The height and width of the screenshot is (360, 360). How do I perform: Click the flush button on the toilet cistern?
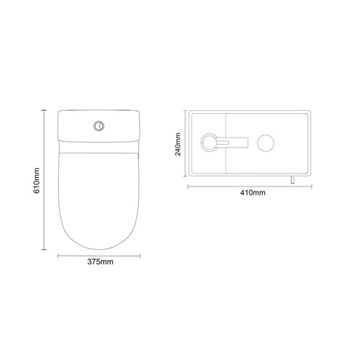pos(97,127)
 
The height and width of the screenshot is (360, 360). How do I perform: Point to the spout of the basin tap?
pos(232,140)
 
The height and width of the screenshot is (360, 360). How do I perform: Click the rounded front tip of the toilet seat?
pos(97,243)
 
